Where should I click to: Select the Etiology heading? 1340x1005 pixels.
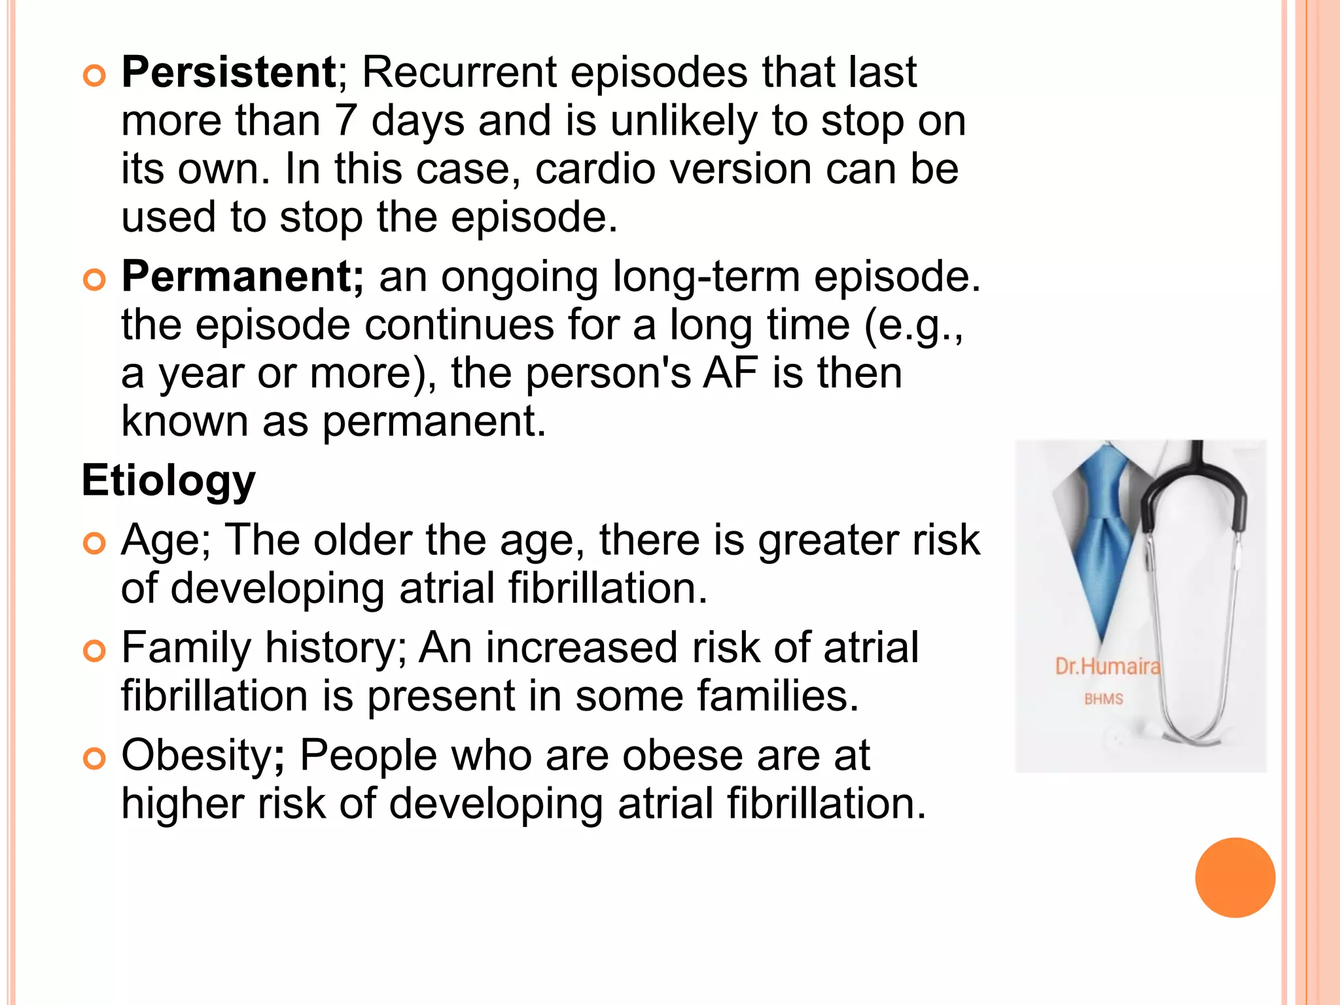168,481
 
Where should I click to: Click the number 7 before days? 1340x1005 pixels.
345,121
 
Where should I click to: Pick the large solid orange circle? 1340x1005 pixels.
1235,877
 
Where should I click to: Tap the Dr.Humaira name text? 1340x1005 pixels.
1107,667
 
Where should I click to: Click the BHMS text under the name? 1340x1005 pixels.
1103,699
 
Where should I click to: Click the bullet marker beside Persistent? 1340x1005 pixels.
95,77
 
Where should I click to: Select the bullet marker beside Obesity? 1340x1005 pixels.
95,759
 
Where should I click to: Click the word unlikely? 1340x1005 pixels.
684,121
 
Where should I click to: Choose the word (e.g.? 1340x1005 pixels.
913,325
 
